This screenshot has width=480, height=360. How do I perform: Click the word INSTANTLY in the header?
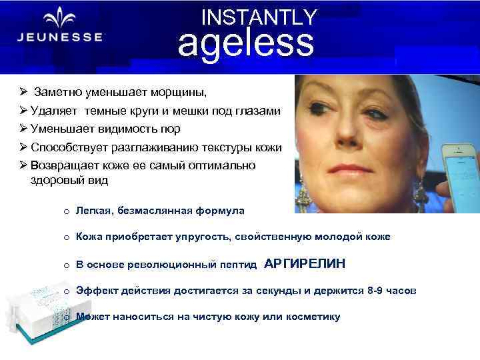pos(259,17)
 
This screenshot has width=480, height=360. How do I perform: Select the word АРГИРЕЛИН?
pos(305,264)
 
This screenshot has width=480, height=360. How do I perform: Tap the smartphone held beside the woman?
pos(463,160)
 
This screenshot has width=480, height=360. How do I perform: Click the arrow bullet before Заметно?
pos(23,91)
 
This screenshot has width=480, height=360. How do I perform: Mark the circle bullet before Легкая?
pos(67,211)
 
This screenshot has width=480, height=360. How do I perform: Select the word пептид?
pos(239,265)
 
